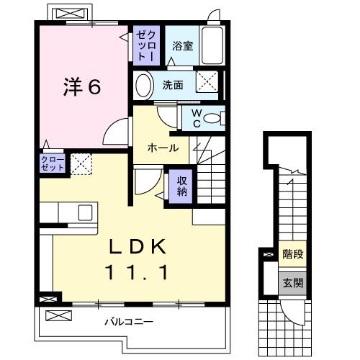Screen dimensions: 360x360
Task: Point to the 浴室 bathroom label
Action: coord(182,46)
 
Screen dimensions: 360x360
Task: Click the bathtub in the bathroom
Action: coord(213,45)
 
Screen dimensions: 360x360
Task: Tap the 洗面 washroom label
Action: coord(172,85)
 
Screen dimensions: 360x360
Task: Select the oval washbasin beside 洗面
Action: coord(143,85)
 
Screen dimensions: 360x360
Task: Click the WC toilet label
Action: coord(194,118)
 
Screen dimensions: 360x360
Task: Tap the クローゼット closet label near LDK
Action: coord(53,163)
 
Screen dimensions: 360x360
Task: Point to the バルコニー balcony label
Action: coord(127,320)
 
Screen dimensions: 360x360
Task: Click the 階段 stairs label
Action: coord(291,253)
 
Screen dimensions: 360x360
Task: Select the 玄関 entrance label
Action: coord(291,282)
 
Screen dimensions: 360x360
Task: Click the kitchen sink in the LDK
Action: coord(84,213)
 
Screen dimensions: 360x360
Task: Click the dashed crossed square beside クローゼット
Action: coord(81,163)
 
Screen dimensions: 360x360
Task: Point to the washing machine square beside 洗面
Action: coord(209,84)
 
